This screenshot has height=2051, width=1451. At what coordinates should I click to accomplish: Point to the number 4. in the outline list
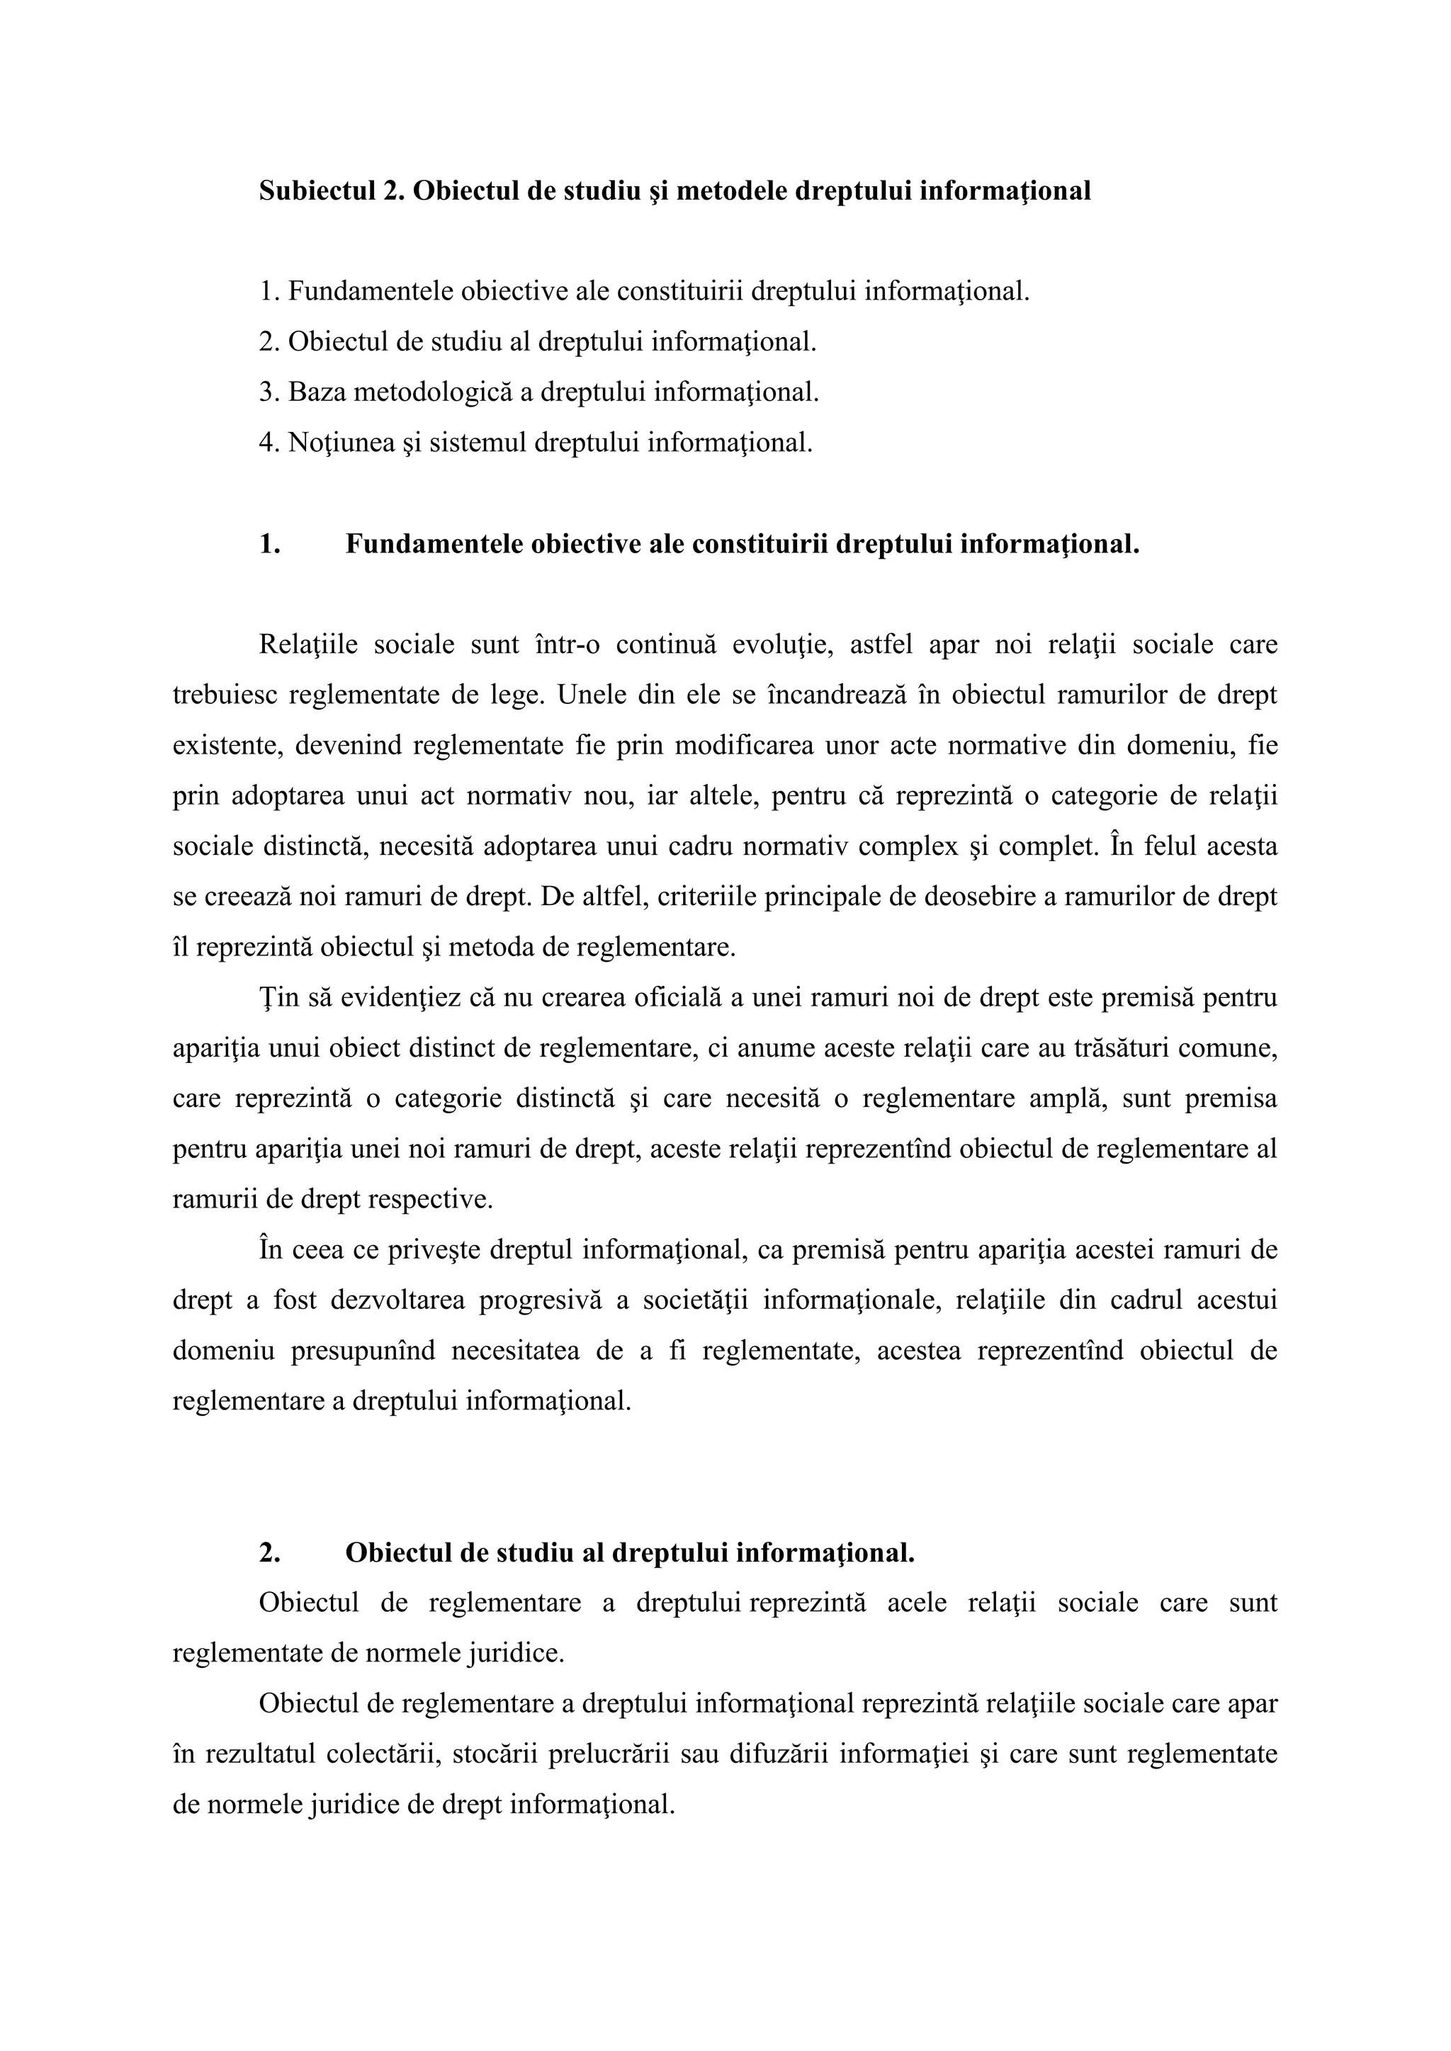(x=269, y=443)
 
